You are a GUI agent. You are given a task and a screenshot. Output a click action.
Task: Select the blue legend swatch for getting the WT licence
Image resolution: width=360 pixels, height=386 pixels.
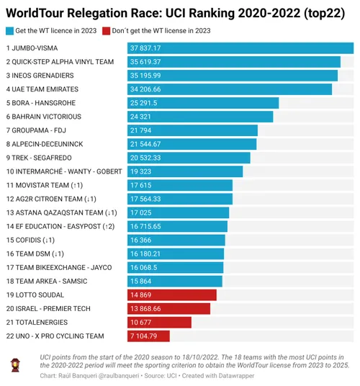tap(9, 30)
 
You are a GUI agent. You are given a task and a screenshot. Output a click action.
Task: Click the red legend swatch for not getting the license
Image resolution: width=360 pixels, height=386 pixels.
tap(107, 30)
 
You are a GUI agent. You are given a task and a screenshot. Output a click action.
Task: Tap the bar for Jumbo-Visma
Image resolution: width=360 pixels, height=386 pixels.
tap(240, 48)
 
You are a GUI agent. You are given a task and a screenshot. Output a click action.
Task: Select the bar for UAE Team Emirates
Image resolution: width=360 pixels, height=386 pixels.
tap(230, 89)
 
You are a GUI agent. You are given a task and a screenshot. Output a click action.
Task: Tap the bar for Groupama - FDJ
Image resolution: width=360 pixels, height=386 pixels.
tap(192, 130)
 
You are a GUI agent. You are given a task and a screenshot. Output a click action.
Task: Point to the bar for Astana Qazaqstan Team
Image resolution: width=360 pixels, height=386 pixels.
tap(179, 212)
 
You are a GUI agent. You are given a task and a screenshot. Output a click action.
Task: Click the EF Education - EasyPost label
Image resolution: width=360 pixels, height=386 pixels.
tap(60, 226)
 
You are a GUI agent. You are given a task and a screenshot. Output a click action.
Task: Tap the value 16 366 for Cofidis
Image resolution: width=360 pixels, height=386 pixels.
tap(140, 240)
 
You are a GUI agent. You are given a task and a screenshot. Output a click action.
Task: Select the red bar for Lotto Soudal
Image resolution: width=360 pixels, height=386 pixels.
tap(172, 295)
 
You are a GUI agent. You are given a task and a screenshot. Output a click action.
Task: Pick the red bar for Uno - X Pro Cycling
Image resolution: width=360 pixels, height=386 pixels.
tap(148, 336)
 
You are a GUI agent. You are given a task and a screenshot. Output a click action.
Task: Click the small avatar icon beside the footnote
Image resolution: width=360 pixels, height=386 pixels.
tap(16, 365)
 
